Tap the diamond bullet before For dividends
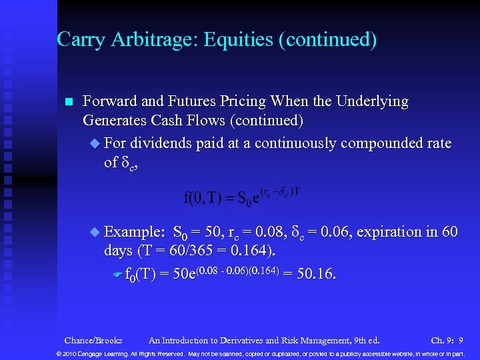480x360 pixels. [94, 144]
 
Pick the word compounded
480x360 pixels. [356, 143]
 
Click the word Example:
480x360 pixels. [135, 232]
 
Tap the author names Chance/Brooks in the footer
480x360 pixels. [93, 340]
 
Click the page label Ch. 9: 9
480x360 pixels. [447, 340]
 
